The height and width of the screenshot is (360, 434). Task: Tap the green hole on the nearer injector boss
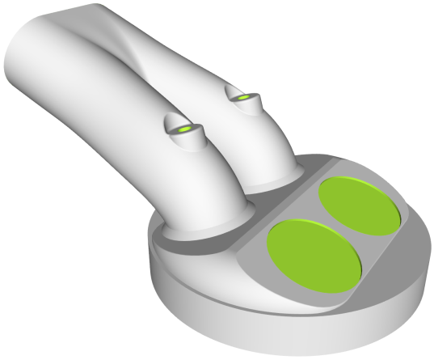pos(185,129)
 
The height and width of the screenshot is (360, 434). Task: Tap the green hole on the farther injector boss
pos(243,97)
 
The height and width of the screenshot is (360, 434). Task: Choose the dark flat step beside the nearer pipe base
pos(174,243)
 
